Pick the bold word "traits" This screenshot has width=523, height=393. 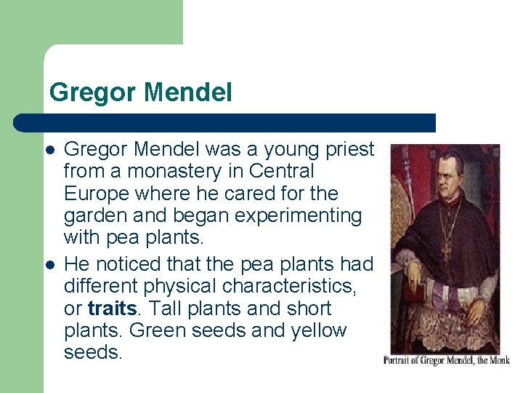pos(112,309)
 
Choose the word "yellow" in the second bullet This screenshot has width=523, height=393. pos(317,330)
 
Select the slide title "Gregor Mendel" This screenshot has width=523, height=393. pos(141,93)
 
